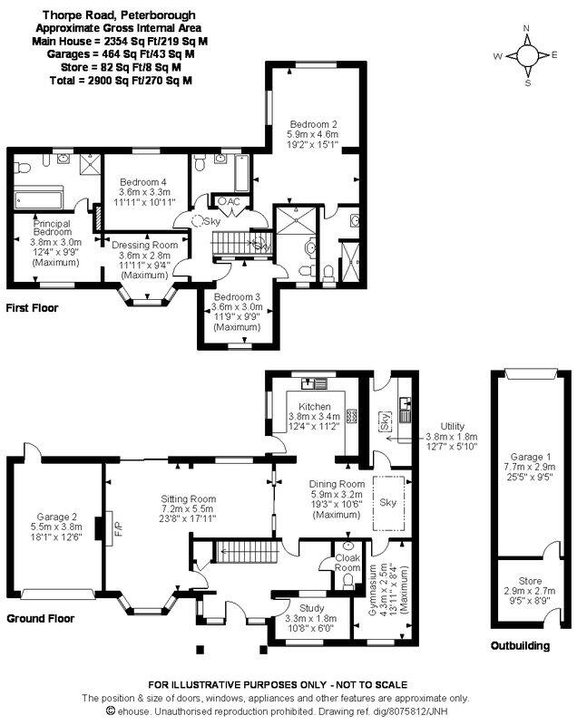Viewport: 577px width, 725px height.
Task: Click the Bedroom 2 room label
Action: (x=313, y=124)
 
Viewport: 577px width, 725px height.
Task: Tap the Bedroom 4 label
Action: (x=143, y=182)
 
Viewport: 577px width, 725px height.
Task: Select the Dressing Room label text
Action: (x=145, y=245)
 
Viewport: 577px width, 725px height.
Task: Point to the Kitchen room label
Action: (x=315, y=406)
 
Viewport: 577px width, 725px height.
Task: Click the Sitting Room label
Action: (x=189, y=499)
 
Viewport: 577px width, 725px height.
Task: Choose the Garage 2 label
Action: (x=57, y=517)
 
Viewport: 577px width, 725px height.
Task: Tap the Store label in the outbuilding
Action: (x=530, y=581)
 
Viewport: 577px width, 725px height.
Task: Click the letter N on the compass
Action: (x=526, y=28)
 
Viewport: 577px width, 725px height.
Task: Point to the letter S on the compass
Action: (x=527, y=83)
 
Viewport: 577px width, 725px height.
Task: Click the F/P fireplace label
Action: (x=118, y=528)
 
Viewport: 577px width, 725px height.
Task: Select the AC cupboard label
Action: (x=234, y=201)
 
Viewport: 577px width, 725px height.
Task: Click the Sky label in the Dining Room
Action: (x=387, y=502)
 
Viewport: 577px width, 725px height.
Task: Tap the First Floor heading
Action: (x=33, y=308)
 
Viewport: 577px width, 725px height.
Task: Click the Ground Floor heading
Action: (x=40, y=619)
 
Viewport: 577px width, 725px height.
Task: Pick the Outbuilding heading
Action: (x=520, y=646)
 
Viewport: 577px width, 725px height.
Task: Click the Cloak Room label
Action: (x=347, y=563)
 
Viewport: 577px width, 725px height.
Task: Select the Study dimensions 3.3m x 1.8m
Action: (x=311, y=618)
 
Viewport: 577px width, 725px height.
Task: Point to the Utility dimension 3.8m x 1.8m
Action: (x=452, y=437)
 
